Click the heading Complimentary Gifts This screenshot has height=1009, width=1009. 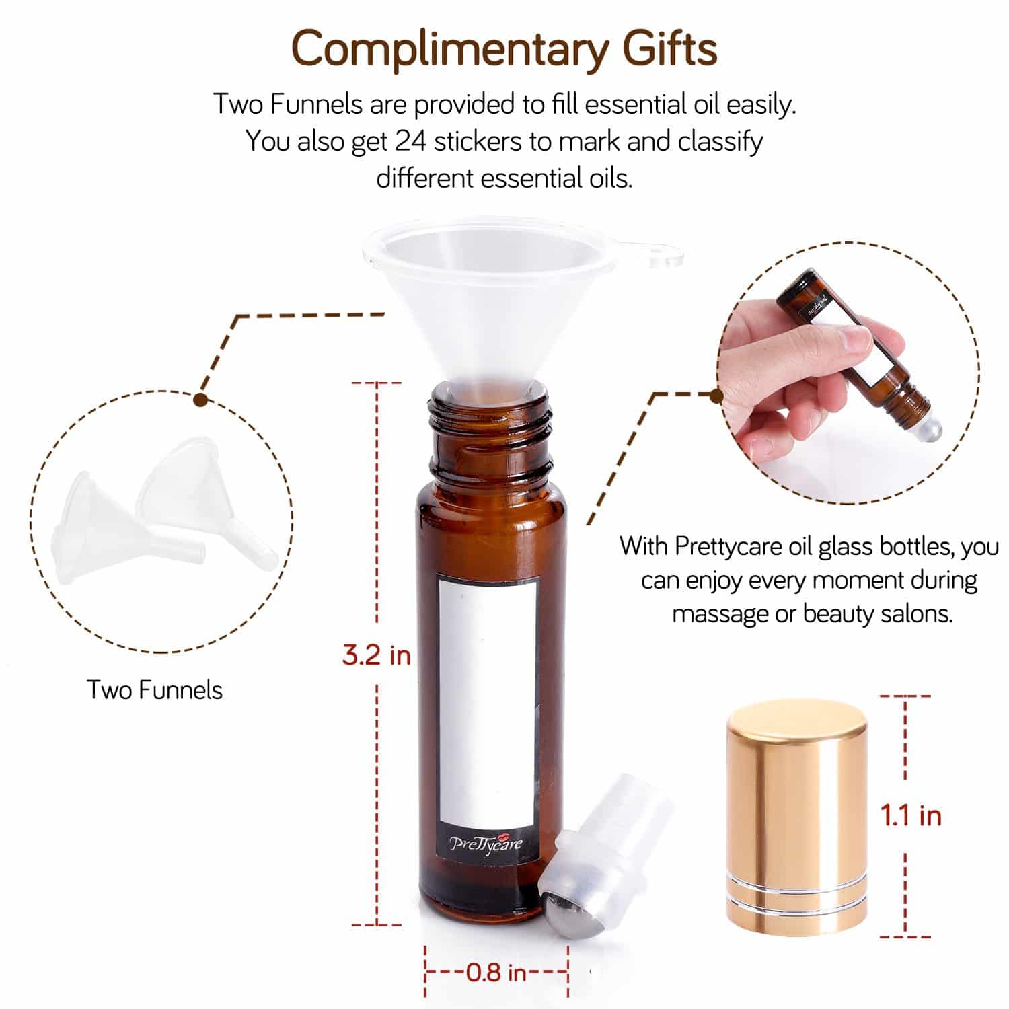click(504, 49)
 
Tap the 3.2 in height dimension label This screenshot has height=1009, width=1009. click(376, 655)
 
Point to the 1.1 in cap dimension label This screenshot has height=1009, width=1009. click(911, 815)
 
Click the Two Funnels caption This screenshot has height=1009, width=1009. click(155, 690)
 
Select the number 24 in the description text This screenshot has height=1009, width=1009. click(410, 142)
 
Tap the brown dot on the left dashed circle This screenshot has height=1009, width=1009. click(199, 400)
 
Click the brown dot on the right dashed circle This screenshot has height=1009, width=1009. click(717, 395)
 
